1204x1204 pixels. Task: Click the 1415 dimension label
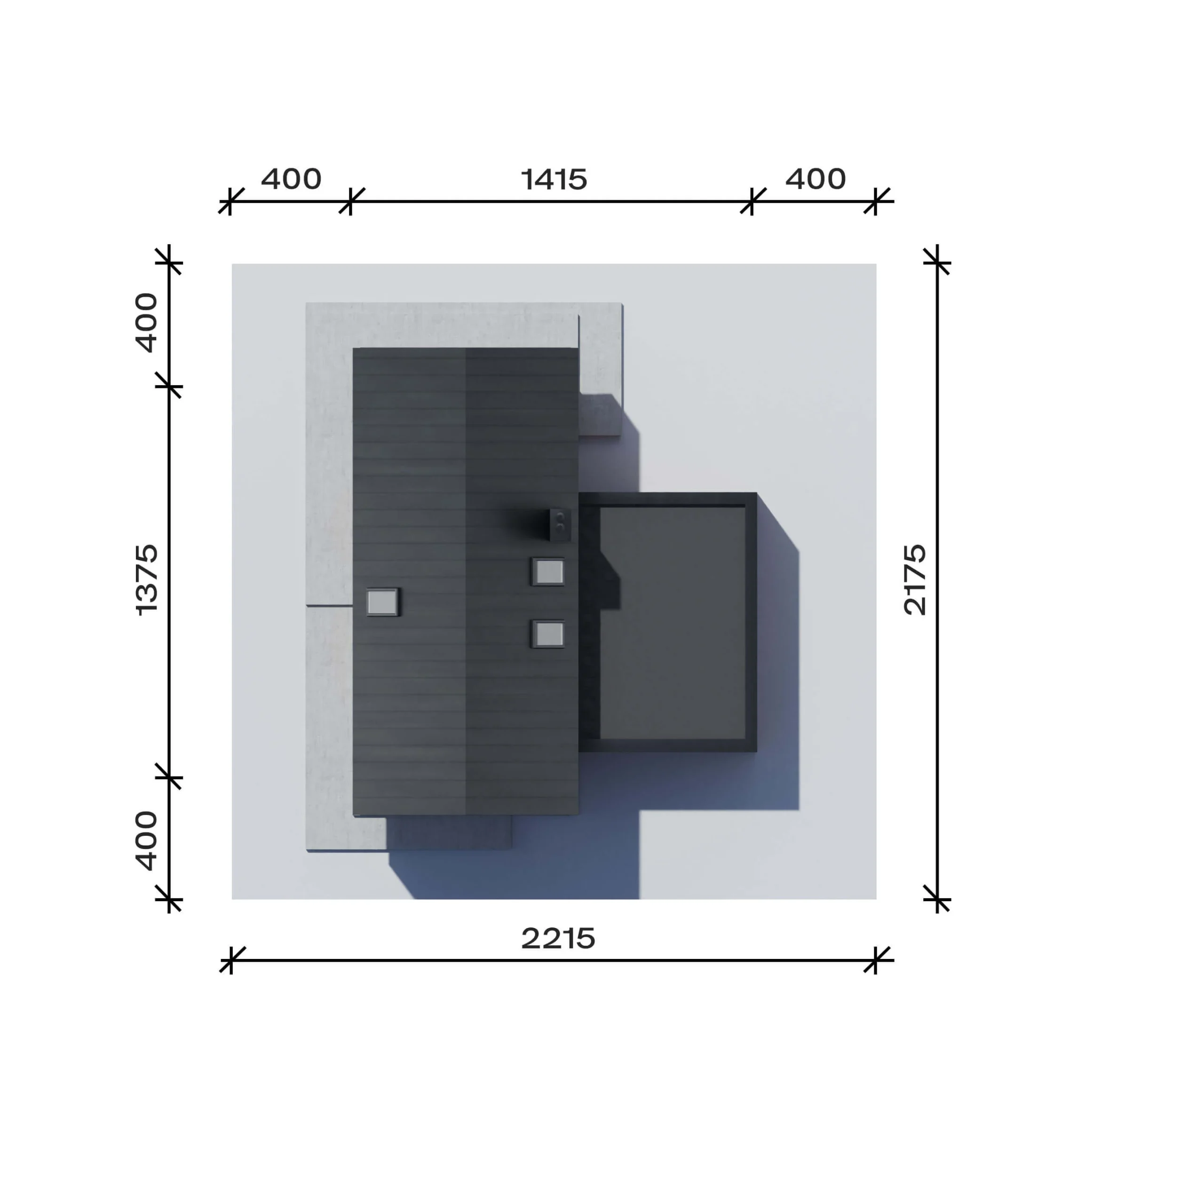click(554, 180)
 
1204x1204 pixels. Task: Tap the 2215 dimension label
click(558, 938)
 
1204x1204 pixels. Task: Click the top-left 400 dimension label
click(291, 180)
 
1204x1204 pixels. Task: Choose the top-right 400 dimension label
click(815, 180)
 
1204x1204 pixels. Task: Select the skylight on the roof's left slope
click(382, 602)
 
